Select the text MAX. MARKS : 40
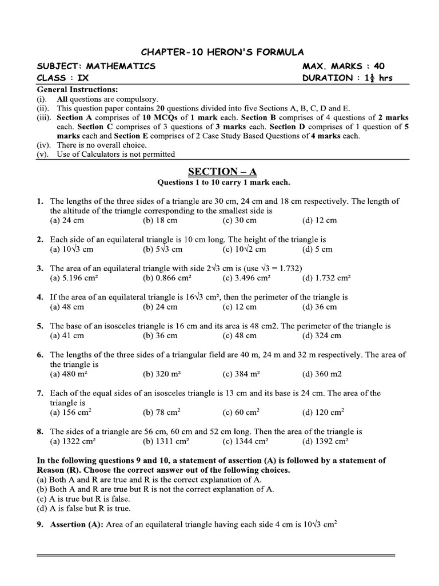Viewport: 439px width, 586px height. tap(344, 66)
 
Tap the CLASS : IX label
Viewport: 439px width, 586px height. tap(63, 78)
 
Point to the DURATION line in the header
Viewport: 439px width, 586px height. tap(348, 78)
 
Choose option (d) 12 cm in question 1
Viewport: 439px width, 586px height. tap(320, 220)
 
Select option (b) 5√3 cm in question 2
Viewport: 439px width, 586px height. tap(163, 250)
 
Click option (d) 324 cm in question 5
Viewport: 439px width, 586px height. tap(322, 335)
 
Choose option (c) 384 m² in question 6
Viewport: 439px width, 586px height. tap(242, 374)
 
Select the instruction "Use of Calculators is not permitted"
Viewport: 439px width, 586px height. tap(113, 154)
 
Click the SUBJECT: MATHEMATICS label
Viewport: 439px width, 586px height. tap(96, 66)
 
